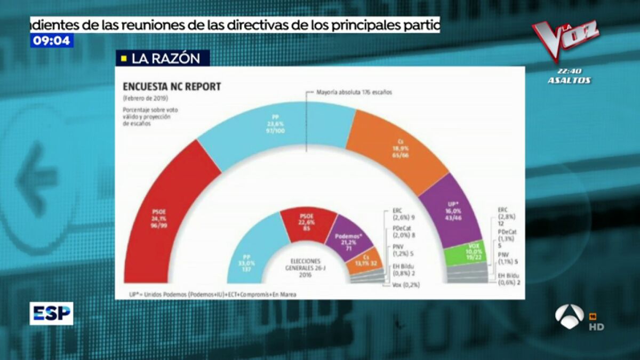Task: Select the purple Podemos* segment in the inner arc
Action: point(347,240)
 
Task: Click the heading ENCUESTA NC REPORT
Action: point(171,87)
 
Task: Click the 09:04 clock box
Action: point(52,41)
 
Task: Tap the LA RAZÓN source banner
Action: point(163,59)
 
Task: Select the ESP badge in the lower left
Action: point(51,314)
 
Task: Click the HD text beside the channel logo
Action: point(596,326)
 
